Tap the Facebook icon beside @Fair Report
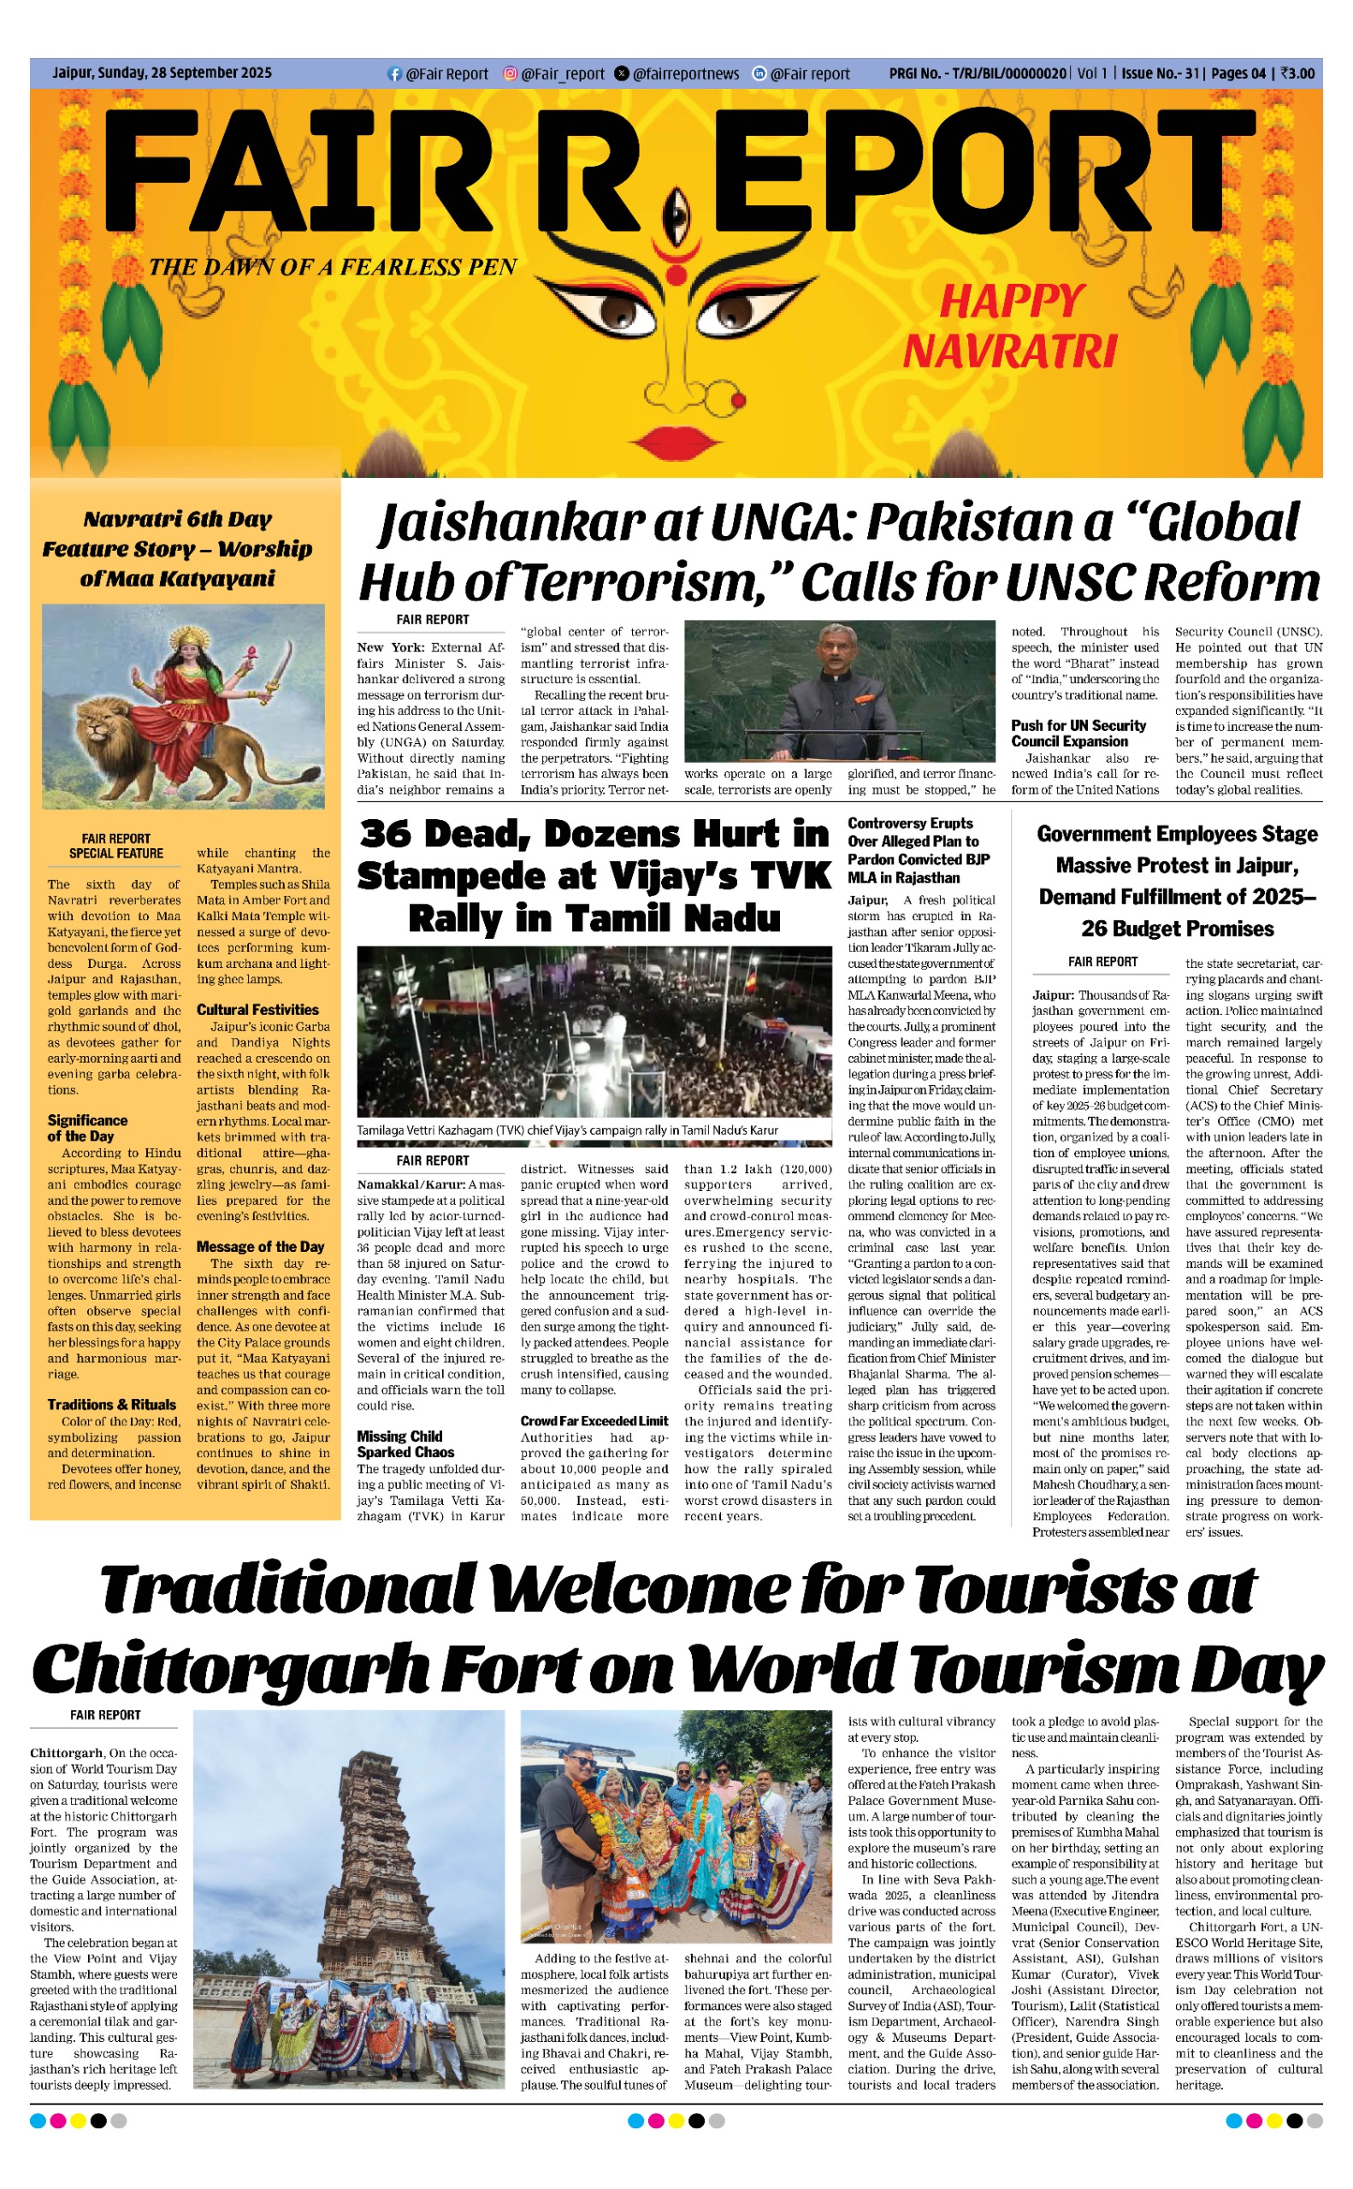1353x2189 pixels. tap(393, 74)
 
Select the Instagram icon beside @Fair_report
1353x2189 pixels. tap(510, 74)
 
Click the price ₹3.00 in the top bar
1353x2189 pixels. tap(1297, 74)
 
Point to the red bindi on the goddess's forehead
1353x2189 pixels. tap(677, 275)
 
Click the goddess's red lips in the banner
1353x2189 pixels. tap(677, 440)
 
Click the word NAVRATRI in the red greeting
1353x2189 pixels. tap(1009, 351)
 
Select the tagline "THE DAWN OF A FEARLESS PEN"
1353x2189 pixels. tap(333, 268)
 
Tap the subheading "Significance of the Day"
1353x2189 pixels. tap(88, 1128)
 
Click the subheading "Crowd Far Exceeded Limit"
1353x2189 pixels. tap(594, 1420)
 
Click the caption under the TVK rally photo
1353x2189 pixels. tap(567, 1130)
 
